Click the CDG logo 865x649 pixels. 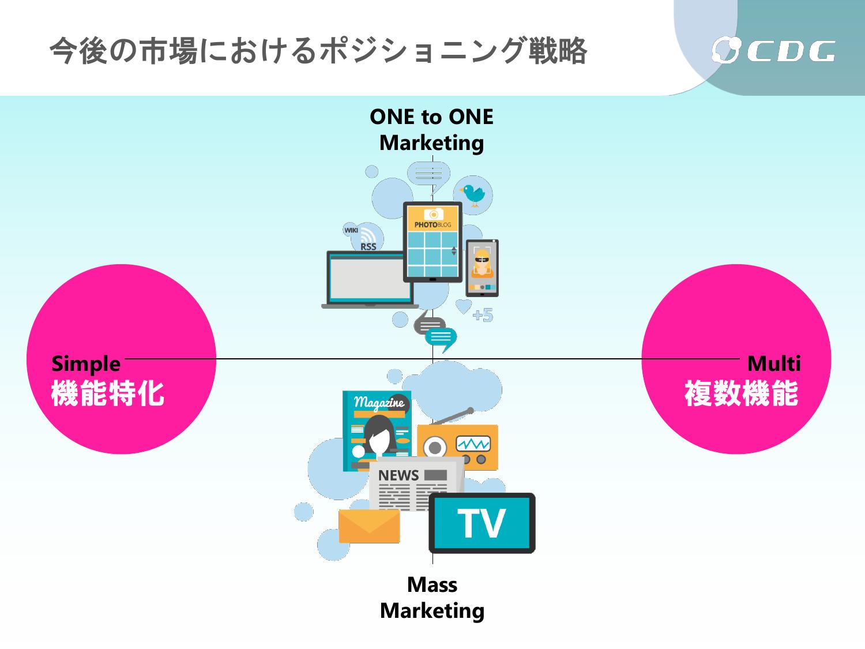click(773, 50)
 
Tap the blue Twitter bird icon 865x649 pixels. click(472, 195)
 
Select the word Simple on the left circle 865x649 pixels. click(85, 363)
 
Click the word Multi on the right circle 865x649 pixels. click(773, 363)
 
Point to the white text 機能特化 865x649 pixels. click(108, 393)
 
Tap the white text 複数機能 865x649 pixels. click(741, 393)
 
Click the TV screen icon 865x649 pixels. click(482, 523)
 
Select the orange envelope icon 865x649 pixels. click(369, 526)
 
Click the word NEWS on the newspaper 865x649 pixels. click(398, 475)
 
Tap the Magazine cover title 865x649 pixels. click(379, 403)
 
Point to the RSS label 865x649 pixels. click(368, 247)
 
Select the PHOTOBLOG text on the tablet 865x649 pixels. click(432, 224)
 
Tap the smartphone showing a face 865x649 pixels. click(482, 268)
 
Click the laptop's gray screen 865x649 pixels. click(367, 279)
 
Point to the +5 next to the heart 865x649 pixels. click(483, 315)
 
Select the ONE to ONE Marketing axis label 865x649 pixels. click(431, 130)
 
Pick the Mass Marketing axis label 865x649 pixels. click(432, 598)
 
